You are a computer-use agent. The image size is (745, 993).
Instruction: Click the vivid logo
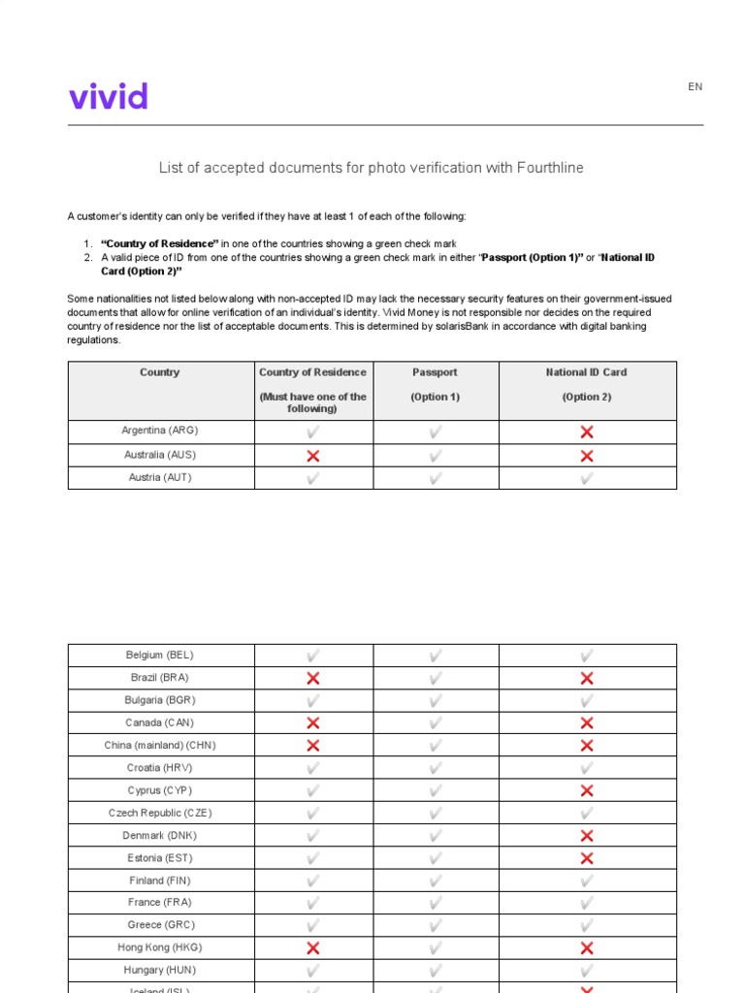click(109, 96)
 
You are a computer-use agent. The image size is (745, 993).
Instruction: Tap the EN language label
click(695, 87)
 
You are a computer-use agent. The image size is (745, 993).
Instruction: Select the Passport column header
click(436, 372)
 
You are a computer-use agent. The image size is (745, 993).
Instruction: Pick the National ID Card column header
click(587, 372)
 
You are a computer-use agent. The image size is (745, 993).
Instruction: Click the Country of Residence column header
click(312, 372)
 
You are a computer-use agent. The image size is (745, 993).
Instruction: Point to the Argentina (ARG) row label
click(160, 431)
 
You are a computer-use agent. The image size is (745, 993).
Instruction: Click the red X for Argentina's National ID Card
click(587, 432)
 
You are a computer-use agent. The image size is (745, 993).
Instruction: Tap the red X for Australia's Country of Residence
click(312, 456)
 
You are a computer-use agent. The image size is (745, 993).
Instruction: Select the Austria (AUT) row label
click(160, 478)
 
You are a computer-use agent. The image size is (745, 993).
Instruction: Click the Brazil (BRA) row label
click(160, 678)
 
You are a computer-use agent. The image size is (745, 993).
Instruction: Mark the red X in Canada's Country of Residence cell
click(312, 723)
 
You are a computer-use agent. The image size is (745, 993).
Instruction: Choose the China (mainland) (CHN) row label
click(160, 746)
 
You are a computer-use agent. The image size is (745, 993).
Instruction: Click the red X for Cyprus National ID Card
click(587, 791)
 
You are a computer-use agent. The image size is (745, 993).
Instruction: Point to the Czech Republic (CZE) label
click(160, 814)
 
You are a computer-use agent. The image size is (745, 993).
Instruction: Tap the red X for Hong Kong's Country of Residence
click(312, 948)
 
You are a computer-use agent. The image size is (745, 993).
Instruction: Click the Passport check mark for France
click(436, 904)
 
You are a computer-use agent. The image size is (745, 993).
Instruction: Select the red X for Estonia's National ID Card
click(587, 858)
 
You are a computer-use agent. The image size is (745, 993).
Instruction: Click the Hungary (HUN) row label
click(160, 970)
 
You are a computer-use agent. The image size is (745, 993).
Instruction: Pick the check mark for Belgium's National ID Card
click(587, 657)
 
